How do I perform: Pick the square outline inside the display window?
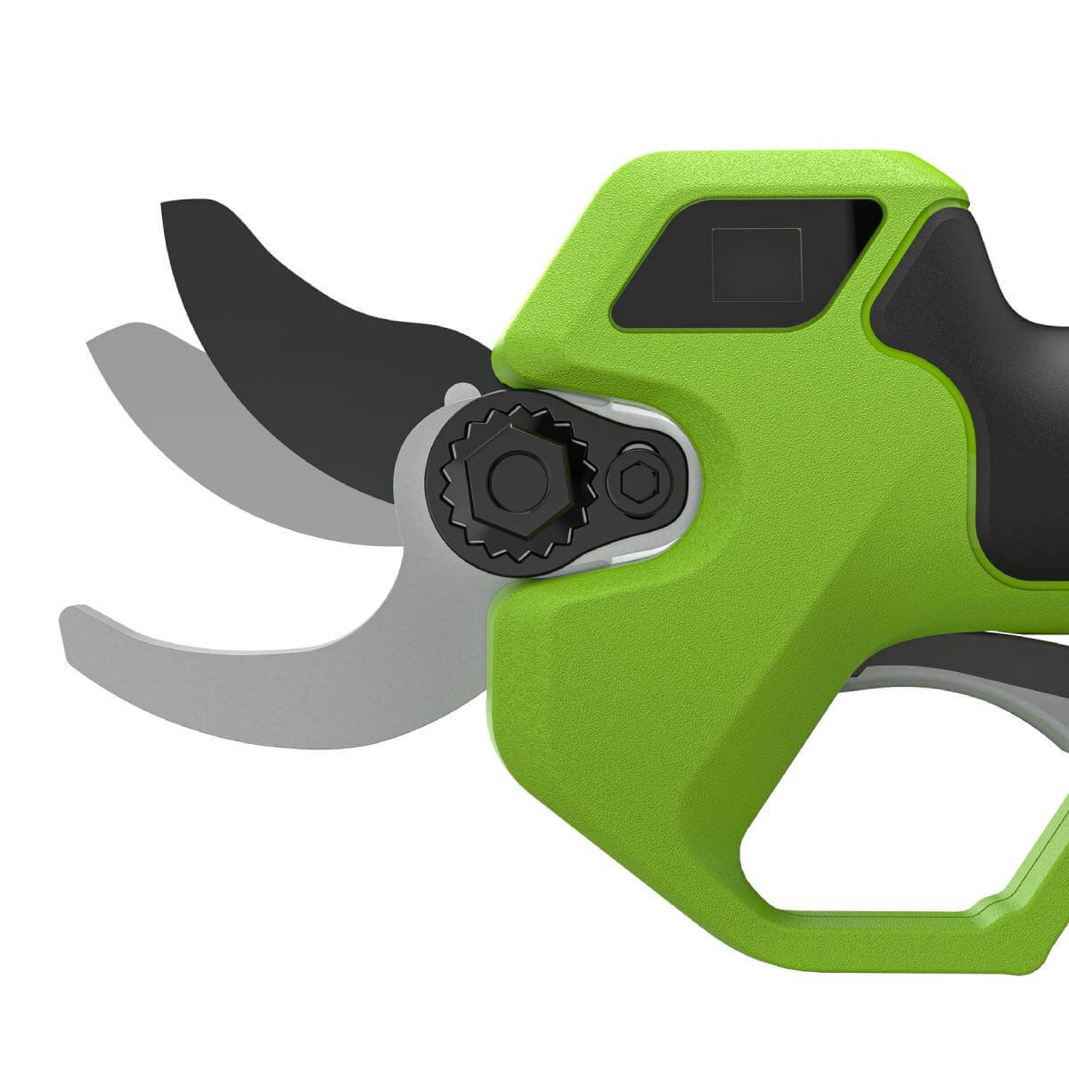(x=755, y=263)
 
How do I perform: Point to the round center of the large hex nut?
(x=510, y=479)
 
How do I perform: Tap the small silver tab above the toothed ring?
(x=458, y=392)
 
